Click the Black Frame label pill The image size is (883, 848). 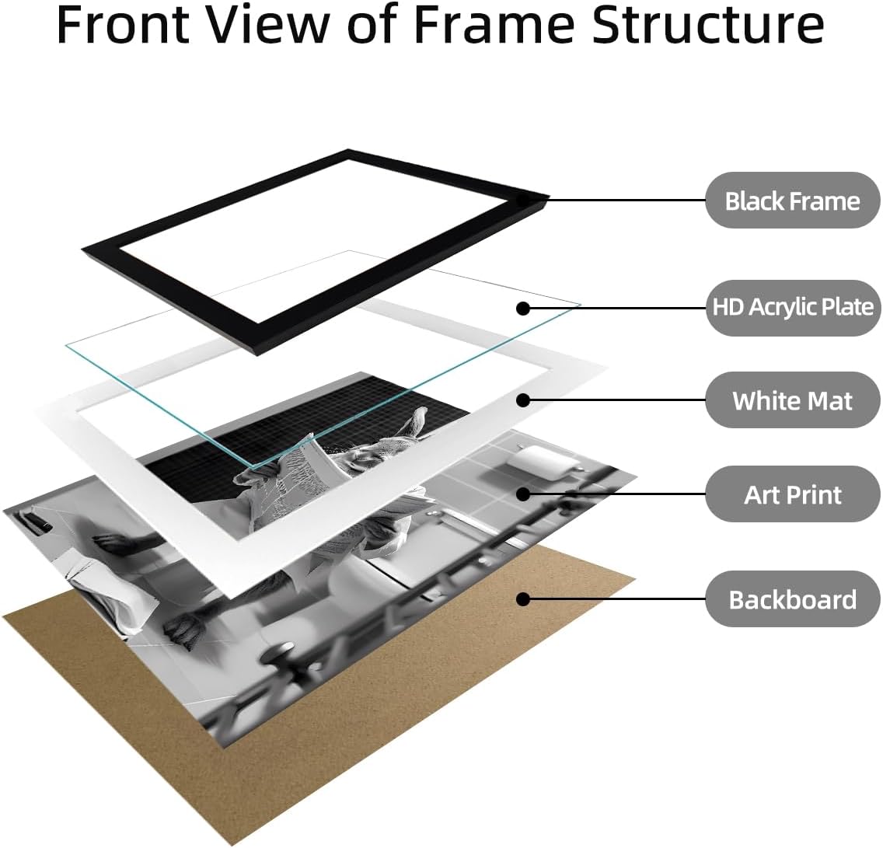(792, 201)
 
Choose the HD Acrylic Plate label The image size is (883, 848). (792, 308)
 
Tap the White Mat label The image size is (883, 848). (792, 400)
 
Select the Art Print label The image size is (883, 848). (792, 494)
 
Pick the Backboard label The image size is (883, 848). (792, 599)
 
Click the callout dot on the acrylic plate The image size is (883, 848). (523, 308)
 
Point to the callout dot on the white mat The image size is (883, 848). (523, 400)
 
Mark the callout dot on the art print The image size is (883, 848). (523, 494)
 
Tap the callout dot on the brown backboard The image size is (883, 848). (523, 599)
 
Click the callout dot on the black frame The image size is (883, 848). (523, 200)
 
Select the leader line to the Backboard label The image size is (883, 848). (617, 599)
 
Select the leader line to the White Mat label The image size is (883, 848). (617, 400)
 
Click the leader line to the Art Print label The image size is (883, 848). (617, 494)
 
